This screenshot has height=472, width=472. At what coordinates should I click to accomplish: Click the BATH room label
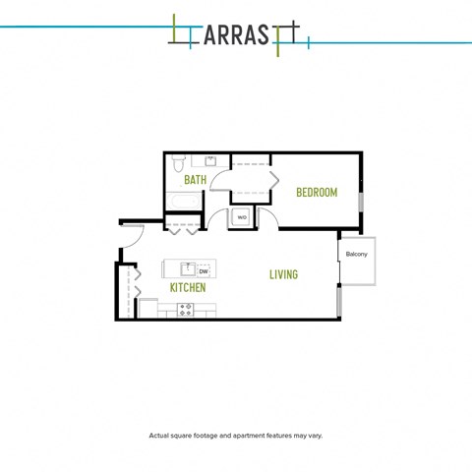coord(196,180)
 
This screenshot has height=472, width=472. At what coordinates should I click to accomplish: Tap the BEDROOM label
coord(317,192)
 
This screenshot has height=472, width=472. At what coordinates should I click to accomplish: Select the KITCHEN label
coord(188,287)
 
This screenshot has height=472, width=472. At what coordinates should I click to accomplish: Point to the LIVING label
coord(283,274)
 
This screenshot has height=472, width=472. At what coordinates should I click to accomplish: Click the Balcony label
coord(357,254)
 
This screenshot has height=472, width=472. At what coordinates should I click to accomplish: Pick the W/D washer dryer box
coord(242,217)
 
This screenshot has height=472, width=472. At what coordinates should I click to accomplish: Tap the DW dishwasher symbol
coord(204,271)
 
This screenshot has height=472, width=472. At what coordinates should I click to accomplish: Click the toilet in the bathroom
coord(178,163)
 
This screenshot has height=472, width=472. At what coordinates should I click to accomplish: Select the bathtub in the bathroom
coord(184,201)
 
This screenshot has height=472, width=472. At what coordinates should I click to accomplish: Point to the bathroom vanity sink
coord(210,161)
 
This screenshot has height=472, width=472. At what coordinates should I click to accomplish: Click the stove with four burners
coord(185,310)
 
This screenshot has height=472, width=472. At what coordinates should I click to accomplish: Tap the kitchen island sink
coord(188,269)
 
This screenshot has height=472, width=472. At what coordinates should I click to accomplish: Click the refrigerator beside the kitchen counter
coord(148,308)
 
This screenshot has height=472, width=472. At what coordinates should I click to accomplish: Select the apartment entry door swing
coord(139,239)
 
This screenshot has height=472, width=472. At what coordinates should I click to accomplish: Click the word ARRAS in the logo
coord(236,35)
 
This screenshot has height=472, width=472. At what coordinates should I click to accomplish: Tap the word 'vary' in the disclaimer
coord(316,436)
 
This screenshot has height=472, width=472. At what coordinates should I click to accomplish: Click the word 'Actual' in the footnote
coord(158,436)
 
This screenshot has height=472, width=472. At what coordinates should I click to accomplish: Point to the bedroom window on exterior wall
coord(361,202)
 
